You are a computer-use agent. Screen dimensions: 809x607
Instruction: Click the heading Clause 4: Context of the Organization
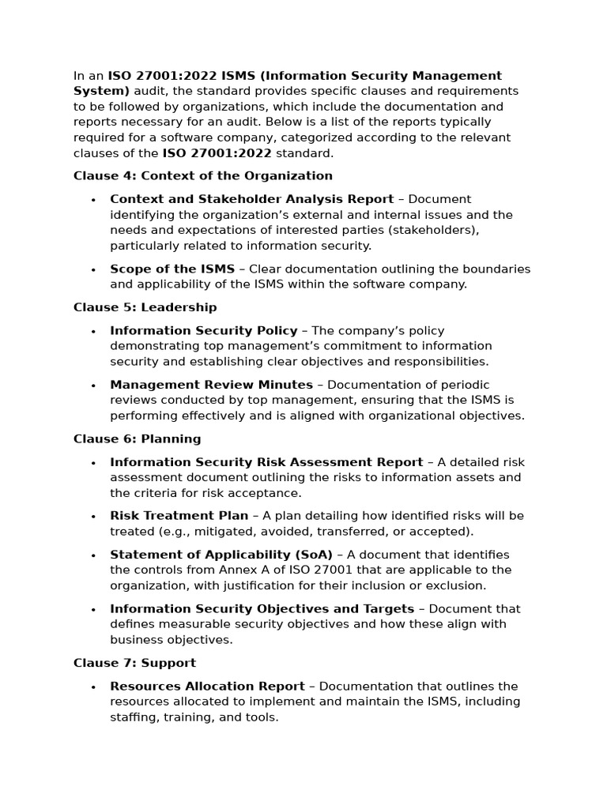coord(203,176)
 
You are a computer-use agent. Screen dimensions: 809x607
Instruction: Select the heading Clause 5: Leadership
coord(145,307)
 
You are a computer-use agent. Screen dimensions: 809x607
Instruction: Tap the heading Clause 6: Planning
coord(137,439)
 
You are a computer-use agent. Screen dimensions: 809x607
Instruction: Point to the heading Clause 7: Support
coord(134,663)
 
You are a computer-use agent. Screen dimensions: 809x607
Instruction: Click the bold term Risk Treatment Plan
coord(179,516)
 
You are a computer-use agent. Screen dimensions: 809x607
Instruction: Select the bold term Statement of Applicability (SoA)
coord(221,555)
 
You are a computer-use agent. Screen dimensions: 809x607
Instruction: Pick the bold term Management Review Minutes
coord(211,385)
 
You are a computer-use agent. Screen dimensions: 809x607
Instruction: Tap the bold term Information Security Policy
coord(204,331)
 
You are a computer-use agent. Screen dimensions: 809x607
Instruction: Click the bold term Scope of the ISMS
coord(172,269)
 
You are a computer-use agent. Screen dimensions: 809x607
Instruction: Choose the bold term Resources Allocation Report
coord(207,687)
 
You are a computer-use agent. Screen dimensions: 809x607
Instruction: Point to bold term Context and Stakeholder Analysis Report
coord(251,199)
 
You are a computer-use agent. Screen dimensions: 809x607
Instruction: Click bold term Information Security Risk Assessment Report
coord(266,462)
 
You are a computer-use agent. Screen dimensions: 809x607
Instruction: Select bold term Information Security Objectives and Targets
coord(262,609)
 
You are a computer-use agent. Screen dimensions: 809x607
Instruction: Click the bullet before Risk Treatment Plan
coord(93,517)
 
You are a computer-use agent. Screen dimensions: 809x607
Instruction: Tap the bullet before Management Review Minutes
coord(93,386)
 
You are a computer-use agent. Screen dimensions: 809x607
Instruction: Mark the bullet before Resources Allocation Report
coord(93,687)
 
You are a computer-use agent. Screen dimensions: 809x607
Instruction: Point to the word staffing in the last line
coord(134,717)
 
